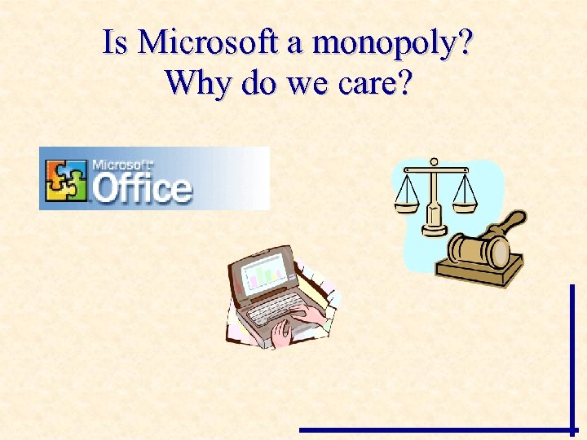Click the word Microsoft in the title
209,42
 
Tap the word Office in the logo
142,187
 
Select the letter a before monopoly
292,45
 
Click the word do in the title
257,83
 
